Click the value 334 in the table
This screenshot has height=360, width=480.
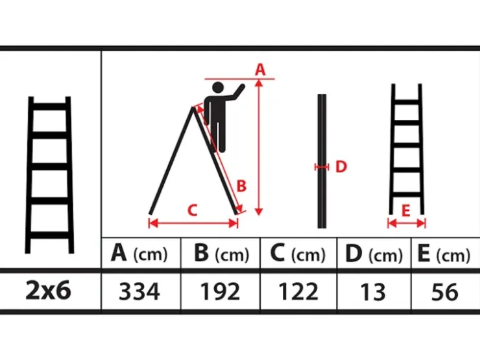coord(139,291)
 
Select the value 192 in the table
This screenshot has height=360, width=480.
coord(220,291)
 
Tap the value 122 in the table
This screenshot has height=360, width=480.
coord(298,291)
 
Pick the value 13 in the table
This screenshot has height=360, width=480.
coord(373,291)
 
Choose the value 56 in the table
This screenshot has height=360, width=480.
coord(445,291)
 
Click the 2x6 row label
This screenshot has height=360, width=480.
coord(49,290)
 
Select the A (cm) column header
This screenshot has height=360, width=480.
coord(139,254)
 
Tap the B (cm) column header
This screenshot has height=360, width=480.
coord(222,254)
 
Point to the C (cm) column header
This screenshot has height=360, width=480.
coord(298,254)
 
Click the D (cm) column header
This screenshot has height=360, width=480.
coord(374,254)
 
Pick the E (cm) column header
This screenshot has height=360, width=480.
coord(444,254)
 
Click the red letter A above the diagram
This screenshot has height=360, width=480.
coord(260,69)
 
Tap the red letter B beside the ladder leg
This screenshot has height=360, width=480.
coord(241,186)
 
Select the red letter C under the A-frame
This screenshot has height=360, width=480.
coord(192,210)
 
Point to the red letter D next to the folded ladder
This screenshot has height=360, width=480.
coord(341,167)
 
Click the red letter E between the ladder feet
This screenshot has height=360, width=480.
coord(405,211)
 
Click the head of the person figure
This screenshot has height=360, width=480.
coord(218,88)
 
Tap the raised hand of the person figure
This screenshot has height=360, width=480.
coord(242,87)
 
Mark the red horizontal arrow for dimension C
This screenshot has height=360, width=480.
coord(193,223)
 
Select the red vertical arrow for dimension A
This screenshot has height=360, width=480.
coord(259,147)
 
